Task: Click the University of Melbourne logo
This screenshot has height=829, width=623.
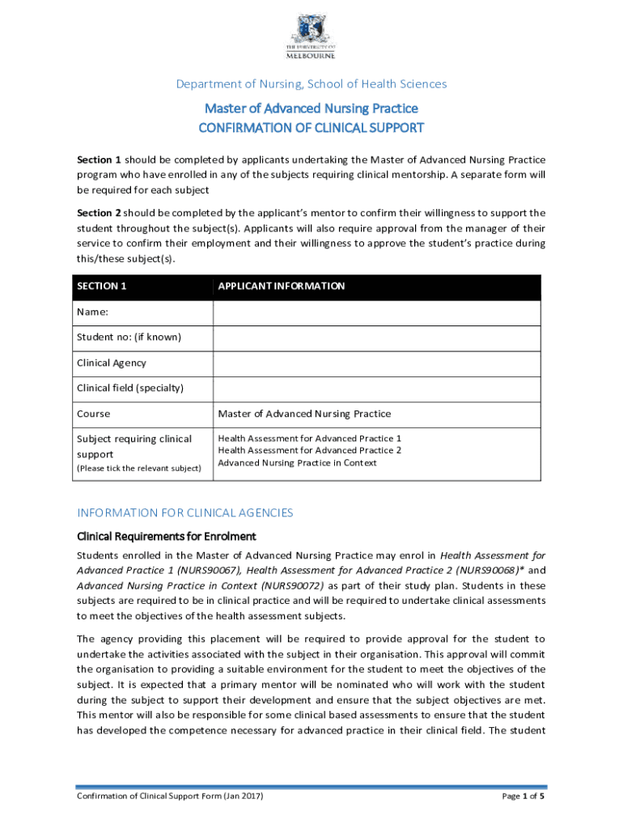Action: pyautogui.click(x=311, y=36)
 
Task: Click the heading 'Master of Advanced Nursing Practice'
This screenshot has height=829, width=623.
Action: pyautogui.click(x=311, y=108)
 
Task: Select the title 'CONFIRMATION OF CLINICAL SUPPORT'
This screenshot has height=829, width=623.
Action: pyautogui.click(x=311, y=128)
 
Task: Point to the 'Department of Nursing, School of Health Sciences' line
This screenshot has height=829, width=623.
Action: pyautogui.click(x=311, y=83)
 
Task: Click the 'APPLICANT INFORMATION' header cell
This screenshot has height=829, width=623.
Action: pyautogui.click(x=282, y=287)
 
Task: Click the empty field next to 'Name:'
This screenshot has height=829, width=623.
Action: pyautogui.click(x=376, y=312)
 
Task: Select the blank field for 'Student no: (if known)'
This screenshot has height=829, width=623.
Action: pyautogui.click(x=376, y=338)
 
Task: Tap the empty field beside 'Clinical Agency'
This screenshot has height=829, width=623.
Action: pyautogui.click(x=376, y=363)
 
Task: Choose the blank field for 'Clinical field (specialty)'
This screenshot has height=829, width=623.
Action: pyautogui.click(x=376, y=389)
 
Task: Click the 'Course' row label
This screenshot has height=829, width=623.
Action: pyautogui.click(x=94, y=414)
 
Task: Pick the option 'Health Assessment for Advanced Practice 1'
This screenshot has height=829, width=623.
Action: pyautogui.click(x=310, y=438)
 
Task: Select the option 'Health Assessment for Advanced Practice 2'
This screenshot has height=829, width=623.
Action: pyautogui.click(x=310, y=450)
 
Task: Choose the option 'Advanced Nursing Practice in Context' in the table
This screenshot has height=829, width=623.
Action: pyautogui.click(x=298, y=462)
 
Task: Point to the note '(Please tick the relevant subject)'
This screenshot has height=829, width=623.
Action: pyautogui.click(x=138, y=469)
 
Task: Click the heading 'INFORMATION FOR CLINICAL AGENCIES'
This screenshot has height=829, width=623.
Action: pyautogui.click(x=184, y=512)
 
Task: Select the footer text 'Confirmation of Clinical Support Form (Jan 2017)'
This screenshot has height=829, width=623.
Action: pyautogui.click(x=170, y=797)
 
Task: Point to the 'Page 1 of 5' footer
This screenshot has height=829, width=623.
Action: pyautogui.click(x=523, y=797)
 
